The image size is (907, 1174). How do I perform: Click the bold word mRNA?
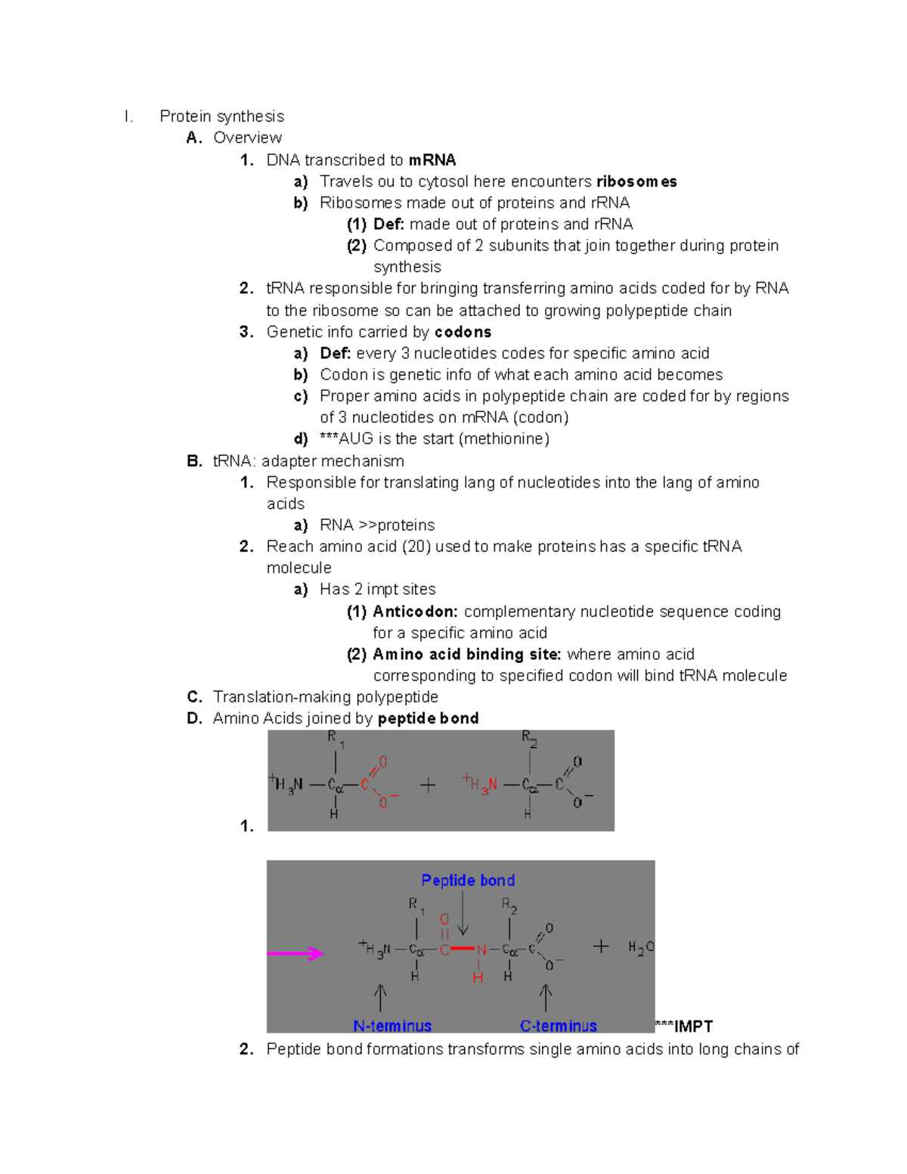(432, 160)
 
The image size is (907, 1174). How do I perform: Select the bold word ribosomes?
(636, 181)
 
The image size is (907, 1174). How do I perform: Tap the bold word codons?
(463, 332)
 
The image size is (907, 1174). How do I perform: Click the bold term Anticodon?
(415, 612)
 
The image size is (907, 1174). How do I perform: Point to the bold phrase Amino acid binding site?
(466, 655)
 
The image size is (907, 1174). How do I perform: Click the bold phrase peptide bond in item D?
(428, 718)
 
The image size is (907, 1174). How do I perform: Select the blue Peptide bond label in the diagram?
(468, 881)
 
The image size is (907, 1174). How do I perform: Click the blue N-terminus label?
(392, 1026)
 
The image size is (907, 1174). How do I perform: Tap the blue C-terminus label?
(559, 1026)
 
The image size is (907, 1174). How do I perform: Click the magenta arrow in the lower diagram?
(296, 954)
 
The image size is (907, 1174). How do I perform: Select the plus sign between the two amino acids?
(428, 785)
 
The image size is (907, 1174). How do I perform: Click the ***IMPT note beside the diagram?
(684, 1026)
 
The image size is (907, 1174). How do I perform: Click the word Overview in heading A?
(247, 138)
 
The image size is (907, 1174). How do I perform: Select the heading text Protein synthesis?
(221, 116)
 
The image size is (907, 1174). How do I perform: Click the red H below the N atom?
(478, 978)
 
